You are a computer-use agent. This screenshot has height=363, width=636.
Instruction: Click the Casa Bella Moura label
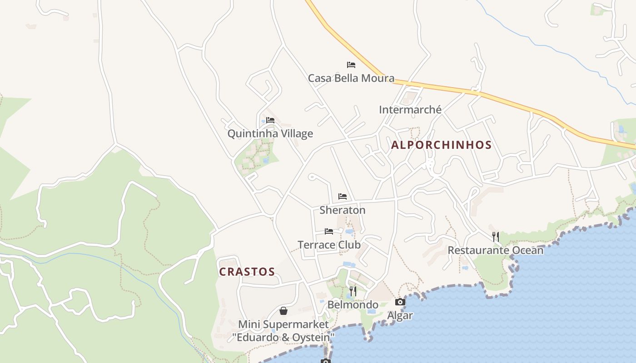pyautogui.click(x=351, y=78)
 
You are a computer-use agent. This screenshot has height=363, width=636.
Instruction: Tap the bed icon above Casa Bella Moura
pyautogui.click(x=351, y=65)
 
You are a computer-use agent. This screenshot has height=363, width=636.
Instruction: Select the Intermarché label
pyautogui.click(x=410, y=109)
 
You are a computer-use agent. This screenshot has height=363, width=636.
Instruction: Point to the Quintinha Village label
pyautogui.click(x=270, y=133)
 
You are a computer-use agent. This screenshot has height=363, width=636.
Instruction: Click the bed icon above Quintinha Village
pyautogui.click(x=270, y=120)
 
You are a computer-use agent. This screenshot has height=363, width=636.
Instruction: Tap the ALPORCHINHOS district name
pyautogui.click(x=441, y=145)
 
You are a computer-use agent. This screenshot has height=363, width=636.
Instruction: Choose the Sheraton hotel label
pyautogui.click(x=342, y=210)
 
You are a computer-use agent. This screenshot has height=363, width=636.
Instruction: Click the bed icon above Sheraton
pyautogui.click(x=343, y=196)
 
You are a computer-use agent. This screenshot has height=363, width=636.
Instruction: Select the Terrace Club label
pyautogui.click(x=329, y=245)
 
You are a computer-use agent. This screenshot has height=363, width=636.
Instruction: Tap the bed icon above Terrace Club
pyautogui.click(x=329, y=231)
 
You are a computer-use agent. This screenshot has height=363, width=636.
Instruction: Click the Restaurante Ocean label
pyautogui.click(x=495, y=250)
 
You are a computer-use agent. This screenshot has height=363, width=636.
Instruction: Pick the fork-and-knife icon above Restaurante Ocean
pyautogui.click(x=496, y=236)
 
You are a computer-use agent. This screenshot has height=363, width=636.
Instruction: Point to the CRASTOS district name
pyautogui.click(x=247, y=272)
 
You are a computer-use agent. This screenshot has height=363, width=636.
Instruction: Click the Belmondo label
pyautogui.click(x=353, y=304)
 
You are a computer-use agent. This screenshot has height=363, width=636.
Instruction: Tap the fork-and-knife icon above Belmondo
pyautogui.click(x=353, y=291)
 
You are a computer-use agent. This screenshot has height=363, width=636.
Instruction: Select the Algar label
pyautogui.click(x=400, y=315)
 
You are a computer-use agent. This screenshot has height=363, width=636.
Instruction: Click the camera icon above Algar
pyautogui.click(x=400, y=302)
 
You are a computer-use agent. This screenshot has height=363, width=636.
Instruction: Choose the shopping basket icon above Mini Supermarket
pyautogui.click(x=283, y=311)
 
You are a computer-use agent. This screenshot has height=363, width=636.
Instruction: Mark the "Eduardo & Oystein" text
pyautogui.click(x=283, y=337)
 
